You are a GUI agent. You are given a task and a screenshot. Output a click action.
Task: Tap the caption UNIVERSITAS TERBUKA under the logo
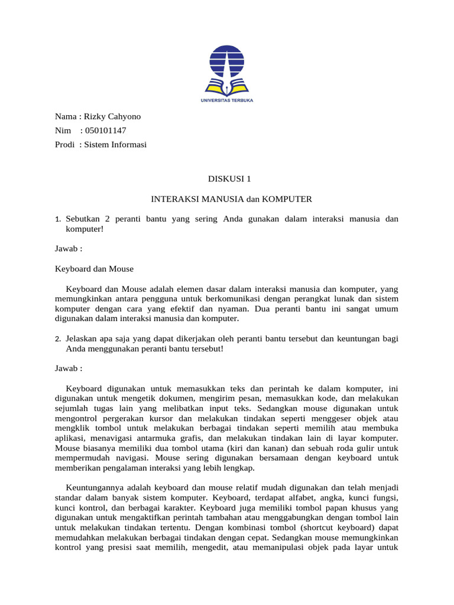pos(227,101)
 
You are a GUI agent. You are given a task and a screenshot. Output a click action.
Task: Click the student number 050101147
pos(106,130)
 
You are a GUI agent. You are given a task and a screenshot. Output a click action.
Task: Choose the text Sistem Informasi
pos(115,144)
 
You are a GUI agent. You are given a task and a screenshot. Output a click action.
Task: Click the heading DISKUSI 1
pos(227,178)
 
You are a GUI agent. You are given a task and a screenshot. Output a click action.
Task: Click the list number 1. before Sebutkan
pos(58,220)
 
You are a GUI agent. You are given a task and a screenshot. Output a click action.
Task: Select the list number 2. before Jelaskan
pos(58,339)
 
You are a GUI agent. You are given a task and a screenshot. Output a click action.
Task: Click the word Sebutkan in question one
pos(82,219)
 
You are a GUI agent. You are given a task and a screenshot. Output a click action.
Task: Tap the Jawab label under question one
pos(69,249)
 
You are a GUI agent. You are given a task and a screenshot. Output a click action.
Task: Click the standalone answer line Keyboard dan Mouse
pos(94,269)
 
